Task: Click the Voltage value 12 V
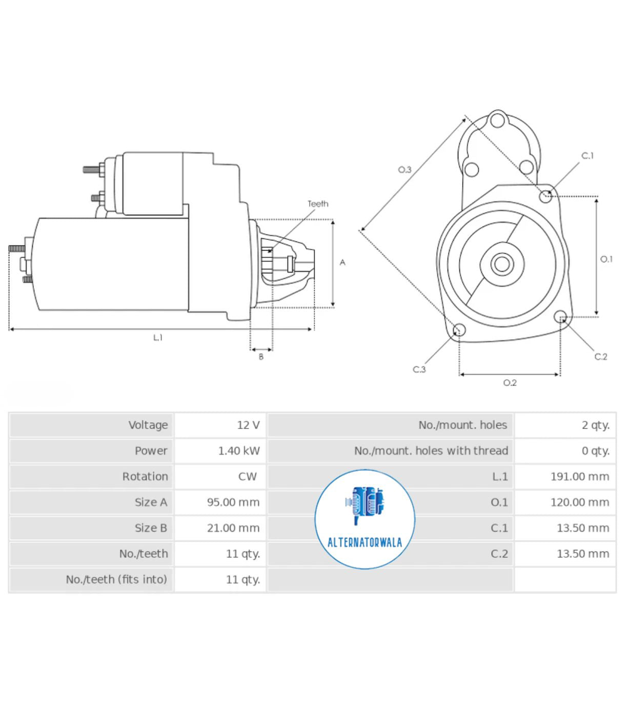click(x=248, y=425)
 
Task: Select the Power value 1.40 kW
click(x=239, y=451)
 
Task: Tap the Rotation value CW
click(x=247, y=476)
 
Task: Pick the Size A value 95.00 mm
click(x=233, y=502)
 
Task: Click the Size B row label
click(x=151, y=527)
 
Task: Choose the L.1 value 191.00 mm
click(x=580, y=476)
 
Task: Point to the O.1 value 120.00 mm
click(x=580, y=502)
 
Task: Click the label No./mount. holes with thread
click(x=431, y=451)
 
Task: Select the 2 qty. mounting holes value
click(x=595, y=425)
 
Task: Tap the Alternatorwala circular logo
click(x=364, y=519)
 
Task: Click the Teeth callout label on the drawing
click(x=318, y=203)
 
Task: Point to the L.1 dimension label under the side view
click(x=158, y=337)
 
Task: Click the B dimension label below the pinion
click(x=261, y=357)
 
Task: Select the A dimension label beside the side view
click(x=342, y=262)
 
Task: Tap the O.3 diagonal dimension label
click(x=404, y=170)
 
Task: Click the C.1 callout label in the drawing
click(x=587, y=155)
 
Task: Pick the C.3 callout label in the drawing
click(x=419, y=369)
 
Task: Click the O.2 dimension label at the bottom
click(x=510, y=383)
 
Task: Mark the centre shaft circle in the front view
click(x=502, y=264)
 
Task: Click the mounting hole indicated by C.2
click(x=560, y=316)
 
